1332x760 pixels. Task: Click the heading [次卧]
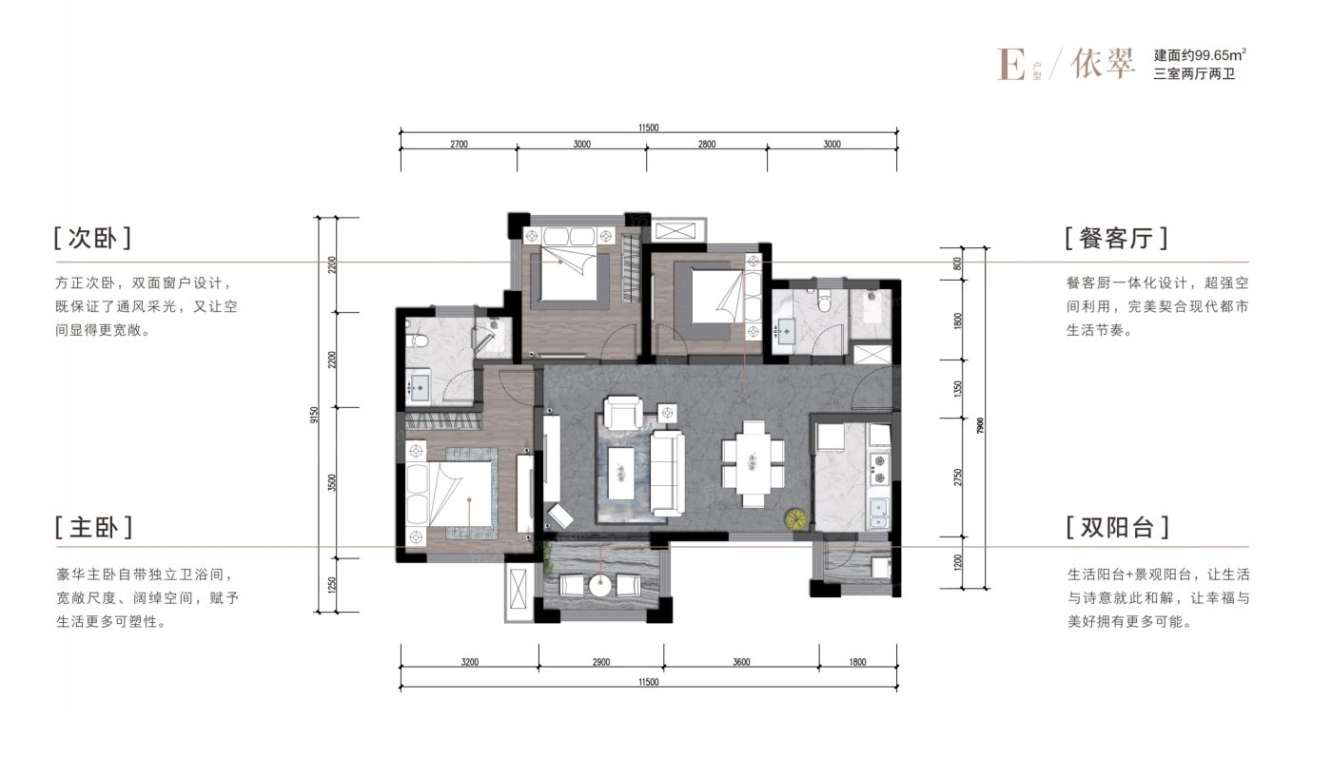92,239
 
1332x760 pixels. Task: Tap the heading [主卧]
93,528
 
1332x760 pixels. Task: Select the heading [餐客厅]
1117,239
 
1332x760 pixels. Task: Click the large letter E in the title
1010,65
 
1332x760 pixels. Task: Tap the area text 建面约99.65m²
1200,55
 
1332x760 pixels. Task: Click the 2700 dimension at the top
459,144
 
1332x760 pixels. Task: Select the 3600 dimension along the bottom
741,662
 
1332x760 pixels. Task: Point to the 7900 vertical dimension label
980,425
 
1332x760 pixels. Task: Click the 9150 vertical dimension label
315,415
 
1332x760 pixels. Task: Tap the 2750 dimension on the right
957,477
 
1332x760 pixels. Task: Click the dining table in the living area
753,464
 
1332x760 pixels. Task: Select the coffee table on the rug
621,473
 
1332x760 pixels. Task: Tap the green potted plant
796,519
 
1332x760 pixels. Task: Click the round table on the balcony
600,586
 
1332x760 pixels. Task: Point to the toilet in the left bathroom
419,341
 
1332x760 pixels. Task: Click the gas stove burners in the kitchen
878,469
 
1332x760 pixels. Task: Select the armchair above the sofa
622,412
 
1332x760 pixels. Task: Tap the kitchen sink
879,514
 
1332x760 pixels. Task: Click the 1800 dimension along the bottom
857,662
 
